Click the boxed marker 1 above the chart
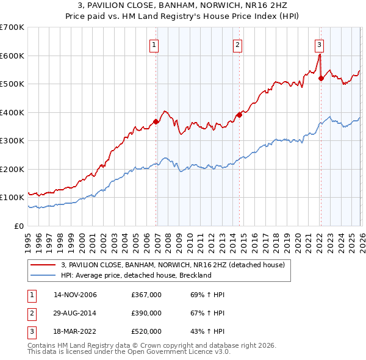click(154, 44)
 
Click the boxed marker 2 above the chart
click(237, 44)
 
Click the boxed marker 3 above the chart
click(319, 44)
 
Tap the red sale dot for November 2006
click(156, 121)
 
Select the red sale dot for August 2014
click(239, 115)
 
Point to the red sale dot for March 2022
click(321, 78)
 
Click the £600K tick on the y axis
click(12, 56)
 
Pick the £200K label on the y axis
click(12, 169)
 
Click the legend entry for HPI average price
click(135, 275)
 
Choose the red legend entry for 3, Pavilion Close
click(173, 265)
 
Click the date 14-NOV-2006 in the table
click(75, 295)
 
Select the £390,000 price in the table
click(146, 313)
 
